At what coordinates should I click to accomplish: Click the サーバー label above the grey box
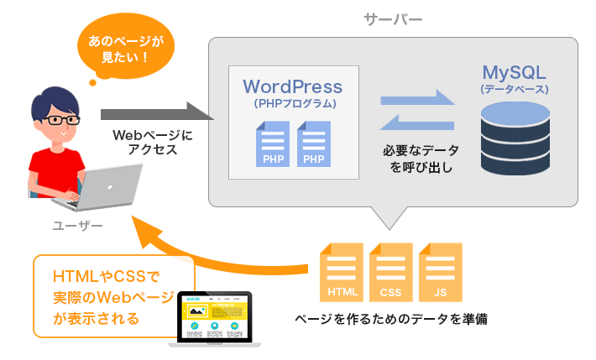(393, 18)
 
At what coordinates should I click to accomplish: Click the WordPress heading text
(293, 86)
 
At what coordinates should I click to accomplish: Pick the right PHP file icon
(313, 144)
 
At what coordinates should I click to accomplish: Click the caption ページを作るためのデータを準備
(390, 319)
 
